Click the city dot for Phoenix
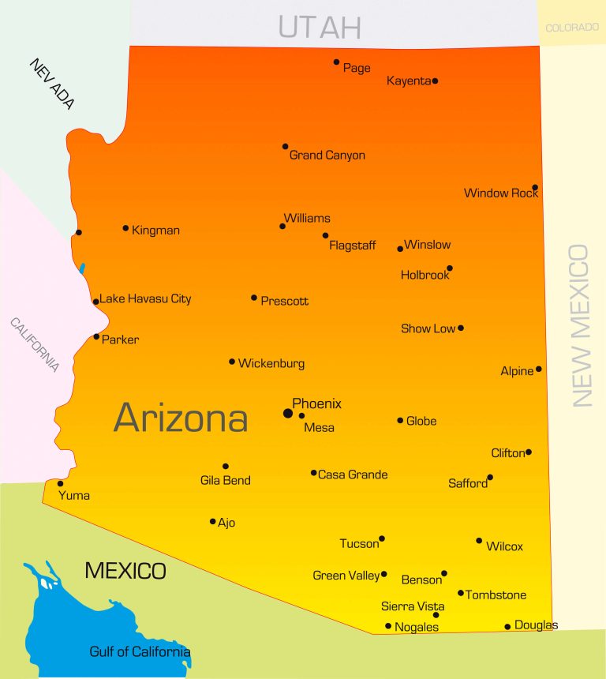point(288,413)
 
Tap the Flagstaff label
point(353,246)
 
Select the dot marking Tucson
point(382,538)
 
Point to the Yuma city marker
point(60,483)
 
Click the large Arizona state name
point(181,418)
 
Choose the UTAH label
point(320,28)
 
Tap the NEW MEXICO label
point(581,325)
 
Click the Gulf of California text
point(140,652)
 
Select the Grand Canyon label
point(327,156)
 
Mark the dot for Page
point(336,62)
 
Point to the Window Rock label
point(500,193)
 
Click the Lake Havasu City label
point(145,299)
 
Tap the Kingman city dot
point(125,228)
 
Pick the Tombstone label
point(496,595)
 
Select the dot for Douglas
point(507,627)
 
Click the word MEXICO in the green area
point(125,571)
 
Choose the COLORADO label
point(572,28)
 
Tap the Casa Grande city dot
point(313,473)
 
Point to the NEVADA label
point(53,84)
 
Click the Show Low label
point(428,328)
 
